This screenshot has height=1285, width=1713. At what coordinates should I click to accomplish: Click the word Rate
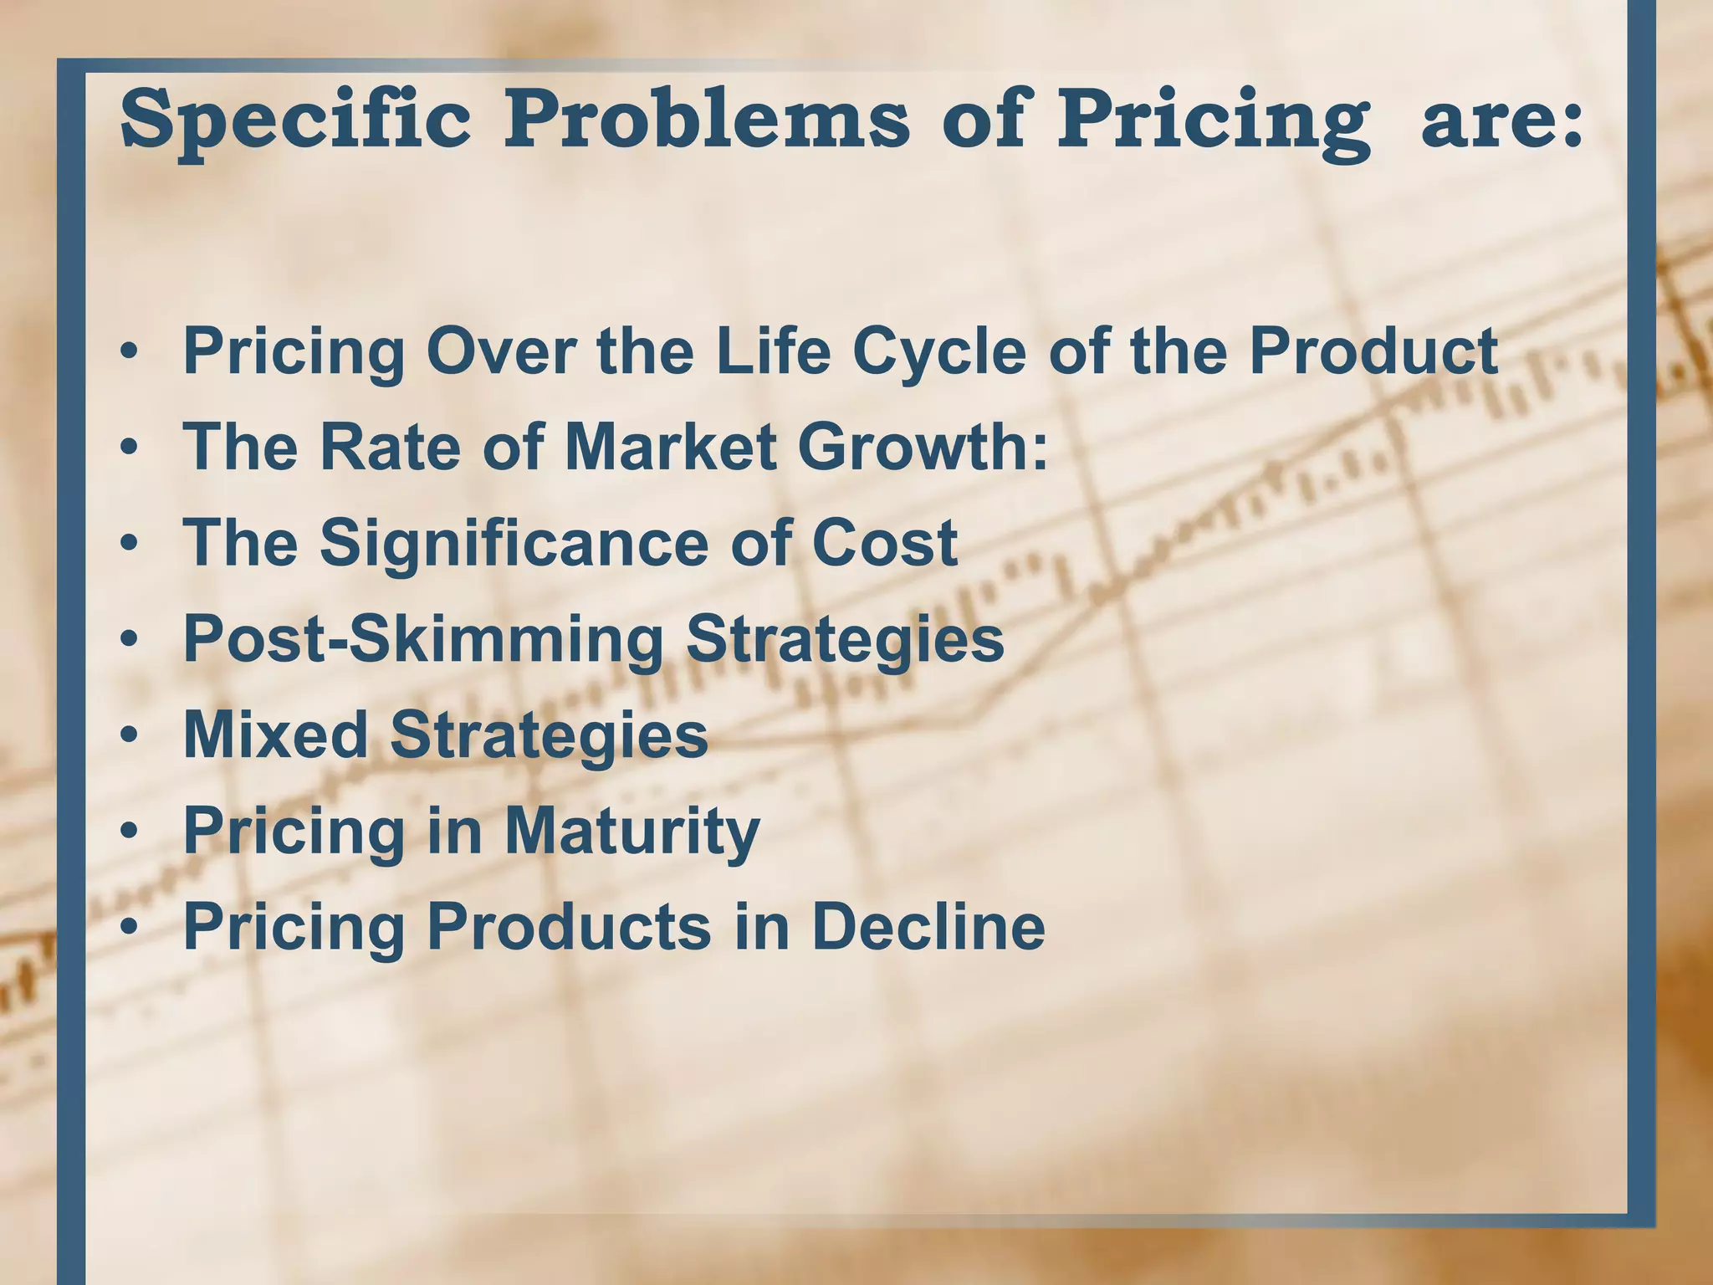coord(390,447)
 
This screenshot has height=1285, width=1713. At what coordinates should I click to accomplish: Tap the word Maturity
coord(632,832)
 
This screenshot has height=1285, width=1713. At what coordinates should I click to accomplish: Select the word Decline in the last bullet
coord(928,926)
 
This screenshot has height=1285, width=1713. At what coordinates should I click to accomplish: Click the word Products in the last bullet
coord(569,926)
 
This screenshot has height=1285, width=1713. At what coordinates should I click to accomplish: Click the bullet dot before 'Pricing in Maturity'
coord(128,832)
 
